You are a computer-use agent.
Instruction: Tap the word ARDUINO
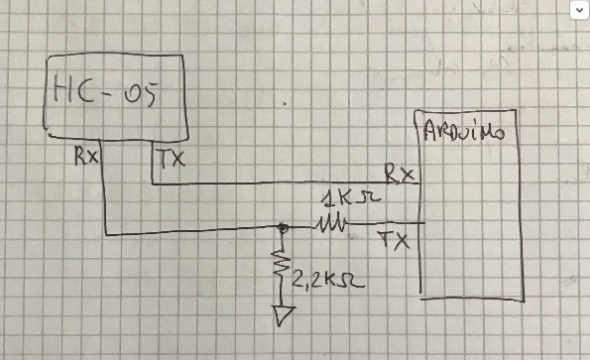pyautogui.click(x=464, y=131)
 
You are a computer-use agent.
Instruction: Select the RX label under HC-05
pyautogui.click(x=86, y=156)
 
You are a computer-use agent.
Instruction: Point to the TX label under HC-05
pyautogui.click(x=172, y=159)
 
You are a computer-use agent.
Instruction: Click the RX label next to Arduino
pyautogui.click(x=399, y=174)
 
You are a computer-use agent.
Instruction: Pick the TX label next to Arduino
pyautogui.click(x=394, y=240)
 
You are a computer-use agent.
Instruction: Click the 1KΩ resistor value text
pyautogui.click(x=351, y=198)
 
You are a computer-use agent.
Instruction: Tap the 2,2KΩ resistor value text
pyautogui.click(x=328, y=281)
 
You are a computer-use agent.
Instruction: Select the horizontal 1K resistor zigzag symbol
pyautogui.click(x=332, y=223)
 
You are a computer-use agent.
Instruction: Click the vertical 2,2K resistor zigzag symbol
pyautogui.click(x=281, y=264)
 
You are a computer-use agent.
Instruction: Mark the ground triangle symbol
pyautogui.click(x=284, y=315)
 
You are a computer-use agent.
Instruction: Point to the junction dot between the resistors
pyautogui.click(x=283, y=227)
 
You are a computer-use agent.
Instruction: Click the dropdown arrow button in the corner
pyautogui.click(x=579, y=10)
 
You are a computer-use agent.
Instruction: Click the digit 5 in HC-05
pyautogui.click(x=149, y=94)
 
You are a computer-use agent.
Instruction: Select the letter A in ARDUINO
pyautogui.click(x=430, y=131)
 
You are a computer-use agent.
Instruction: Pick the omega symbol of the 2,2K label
pyautogui.click(x=354, y=281)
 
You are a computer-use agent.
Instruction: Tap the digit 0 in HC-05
pyautogui.click(x=132, y=95)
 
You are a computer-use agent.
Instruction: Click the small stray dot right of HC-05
pyautogui.click(x=285, y=103)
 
